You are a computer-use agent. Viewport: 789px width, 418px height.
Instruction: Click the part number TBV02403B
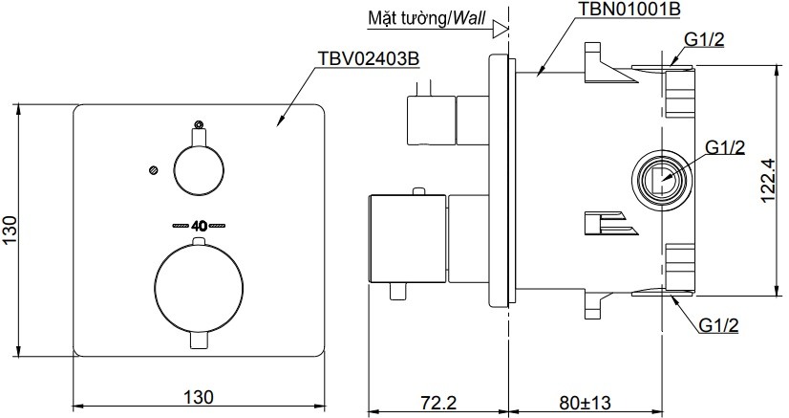click(367, 58)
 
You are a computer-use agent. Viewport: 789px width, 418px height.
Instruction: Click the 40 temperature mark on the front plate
click(200, 227)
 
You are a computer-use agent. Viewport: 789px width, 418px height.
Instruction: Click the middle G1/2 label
click(724, 145)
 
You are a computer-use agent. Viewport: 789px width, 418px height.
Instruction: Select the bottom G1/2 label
click(719, 325)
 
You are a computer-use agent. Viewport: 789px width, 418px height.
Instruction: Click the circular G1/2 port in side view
click(660, 178)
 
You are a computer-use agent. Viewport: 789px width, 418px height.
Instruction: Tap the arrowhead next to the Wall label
click(499, 30)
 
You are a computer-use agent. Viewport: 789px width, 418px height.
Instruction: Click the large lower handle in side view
click(407, 239)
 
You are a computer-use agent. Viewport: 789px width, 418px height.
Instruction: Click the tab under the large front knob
click(199, 341)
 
